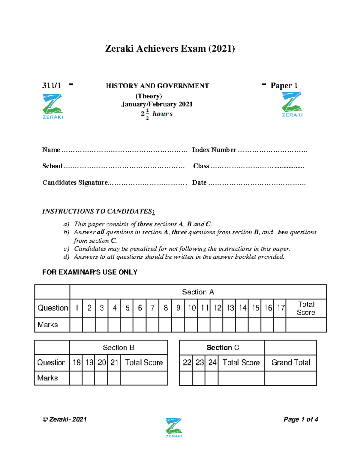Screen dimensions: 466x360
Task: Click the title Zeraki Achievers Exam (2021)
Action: point(170,49)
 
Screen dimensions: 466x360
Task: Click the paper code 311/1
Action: point(52,86)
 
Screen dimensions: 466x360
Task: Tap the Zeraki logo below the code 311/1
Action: point(52,106)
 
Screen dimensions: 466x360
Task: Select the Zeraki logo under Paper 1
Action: point(292,104)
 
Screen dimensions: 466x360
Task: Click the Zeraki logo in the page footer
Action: point(174,427)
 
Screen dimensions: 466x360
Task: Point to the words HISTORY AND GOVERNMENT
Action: point(157,86)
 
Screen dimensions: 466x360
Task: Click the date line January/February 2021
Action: point(157,104)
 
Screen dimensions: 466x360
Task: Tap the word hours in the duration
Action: point(162,114)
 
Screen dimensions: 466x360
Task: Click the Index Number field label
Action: point(214,150)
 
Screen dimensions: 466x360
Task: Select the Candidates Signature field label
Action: point(75,182)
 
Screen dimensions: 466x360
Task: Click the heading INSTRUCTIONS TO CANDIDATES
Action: point(98,211)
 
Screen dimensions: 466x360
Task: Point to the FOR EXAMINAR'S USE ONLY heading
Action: point(90,272)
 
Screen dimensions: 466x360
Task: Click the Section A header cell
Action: point(198,292)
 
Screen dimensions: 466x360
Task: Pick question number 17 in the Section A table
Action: point(280,308)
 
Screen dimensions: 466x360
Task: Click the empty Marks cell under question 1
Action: point(76,325)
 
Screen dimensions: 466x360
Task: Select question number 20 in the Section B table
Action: point(102,362)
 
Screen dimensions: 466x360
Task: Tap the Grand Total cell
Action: point(290,362)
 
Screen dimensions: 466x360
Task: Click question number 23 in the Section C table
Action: point(199,362)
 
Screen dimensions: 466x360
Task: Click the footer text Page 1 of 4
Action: point(301,419)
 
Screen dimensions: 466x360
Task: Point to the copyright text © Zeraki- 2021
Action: point(64,419)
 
